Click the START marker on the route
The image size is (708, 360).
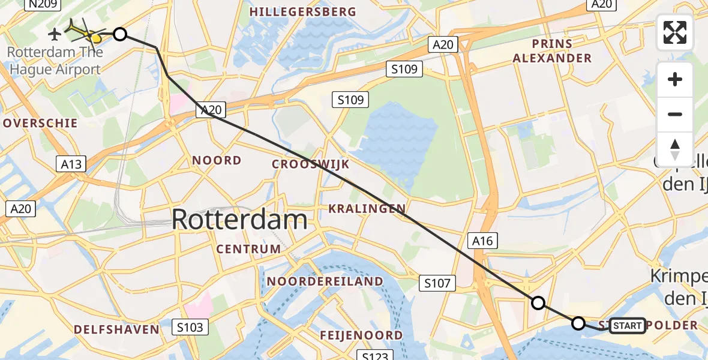pyautogui.click(x=628, y=326)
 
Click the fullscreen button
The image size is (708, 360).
pyautogui.click(x=675, y=32)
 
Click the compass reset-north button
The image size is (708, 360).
pyautogui.click(x=675, y=149)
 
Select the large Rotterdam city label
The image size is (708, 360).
pyautogui.click(x=239, y=220)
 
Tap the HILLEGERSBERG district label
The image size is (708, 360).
pyautogui.click(x=303, y=12)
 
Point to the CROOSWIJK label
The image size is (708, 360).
pyautogui.click(x=310, y=164)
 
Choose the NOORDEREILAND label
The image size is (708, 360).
pyautogui.click(x=325, y=281)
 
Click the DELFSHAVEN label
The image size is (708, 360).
pyautogui.click(x=116, y=329)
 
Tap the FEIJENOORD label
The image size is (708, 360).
pyautogui.click(x=361, y=335)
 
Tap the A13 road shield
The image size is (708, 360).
pyautogui.click(x=71, y=164)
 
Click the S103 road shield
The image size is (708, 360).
pyautogui.click(x=191, y=327)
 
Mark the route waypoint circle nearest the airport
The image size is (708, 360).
pyautogui.click(x=120, y=34)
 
